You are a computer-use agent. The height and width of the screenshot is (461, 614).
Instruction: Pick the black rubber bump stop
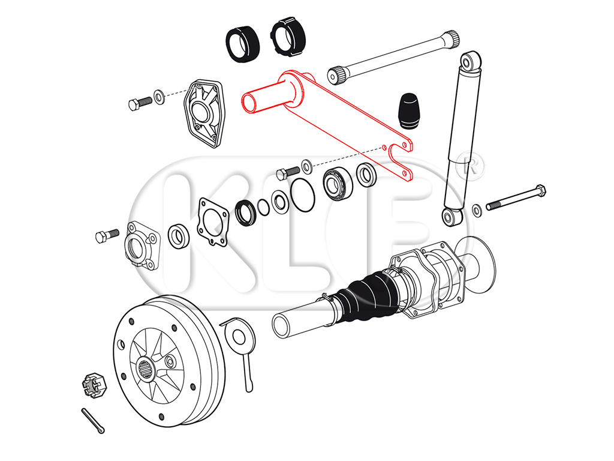(410, 111)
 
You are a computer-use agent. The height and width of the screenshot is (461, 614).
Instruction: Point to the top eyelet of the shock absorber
(471, 61)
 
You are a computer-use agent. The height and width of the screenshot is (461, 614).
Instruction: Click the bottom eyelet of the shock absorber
(451, 216)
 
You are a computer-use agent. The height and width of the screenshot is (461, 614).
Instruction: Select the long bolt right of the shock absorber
(516, 197)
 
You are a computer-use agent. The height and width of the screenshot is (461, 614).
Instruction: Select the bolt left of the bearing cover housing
(103, 236)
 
